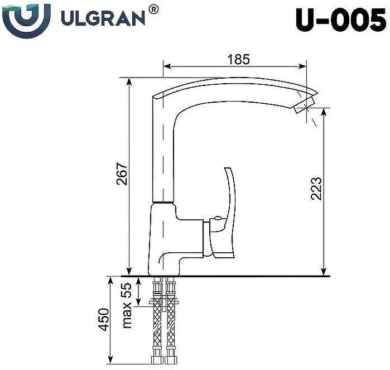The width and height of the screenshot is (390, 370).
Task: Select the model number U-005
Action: pyautogui.click(x=339, y=21)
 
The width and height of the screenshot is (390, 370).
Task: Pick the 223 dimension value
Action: pyautogui.click(x=316, y=189)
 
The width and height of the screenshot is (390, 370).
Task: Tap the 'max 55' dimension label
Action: pyautogui.click(x=127, y=306)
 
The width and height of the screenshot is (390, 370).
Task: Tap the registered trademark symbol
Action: pyautogui.click(x=154, y=8)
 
